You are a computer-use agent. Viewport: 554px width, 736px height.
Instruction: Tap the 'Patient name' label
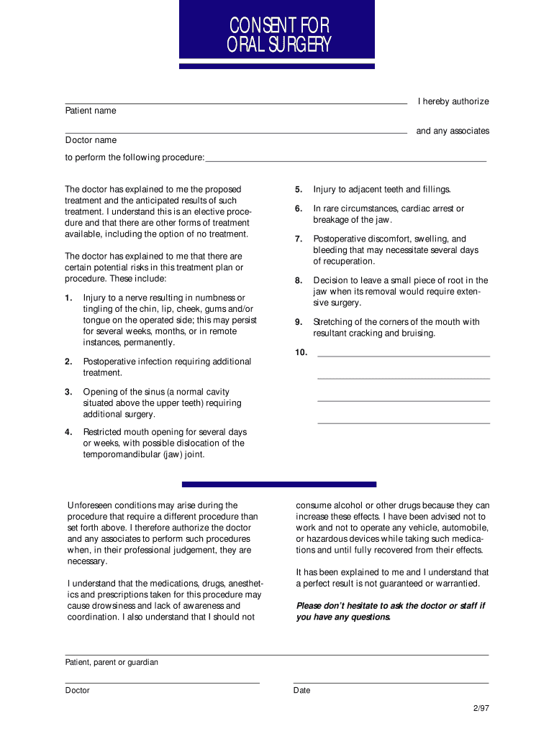(x=91, y=111)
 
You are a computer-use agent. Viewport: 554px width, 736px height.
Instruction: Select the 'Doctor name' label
(x=91, y=140)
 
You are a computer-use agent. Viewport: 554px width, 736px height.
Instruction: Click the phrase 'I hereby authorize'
(x=453, y=101)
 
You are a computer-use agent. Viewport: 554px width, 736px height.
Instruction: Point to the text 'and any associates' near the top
(x=453, y=132)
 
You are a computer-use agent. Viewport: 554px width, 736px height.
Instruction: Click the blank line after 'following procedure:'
(x=345, y=160)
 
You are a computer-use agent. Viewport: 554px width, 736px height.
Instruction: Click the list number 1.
(x=68, y=298)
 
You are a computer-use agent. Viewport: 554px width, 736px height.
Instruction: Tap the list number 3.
(x=68, y=392)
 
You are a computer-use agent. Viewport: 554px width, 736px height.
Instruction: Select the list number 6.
(x=298, y=208)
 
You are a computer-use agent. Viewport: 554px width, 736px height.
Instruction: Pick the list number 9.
(x=298, y=322)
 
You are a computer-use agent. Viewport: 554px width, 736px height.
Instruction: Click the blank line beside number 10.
(x=403, y=355)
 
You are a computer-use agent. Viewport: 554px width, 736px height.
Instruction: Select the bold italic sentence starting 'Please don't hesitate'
(x=391, y=611)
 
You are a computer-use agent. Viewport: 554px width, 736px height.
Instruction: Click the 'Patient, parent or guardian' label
(x=112, y=662)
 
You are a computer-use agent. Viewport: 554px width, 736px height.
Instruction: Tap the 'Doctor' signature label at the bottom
(x=78, y=690)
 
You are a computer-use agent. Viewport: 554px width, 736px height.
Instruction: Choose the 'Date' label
(x=301, y=690)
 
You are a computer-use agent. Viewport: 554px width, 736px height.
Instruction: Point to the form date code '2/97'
(x=481, y=708)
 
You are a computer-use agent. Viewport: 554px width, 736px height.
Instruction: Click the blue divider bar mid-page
(x=279, y=484)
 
